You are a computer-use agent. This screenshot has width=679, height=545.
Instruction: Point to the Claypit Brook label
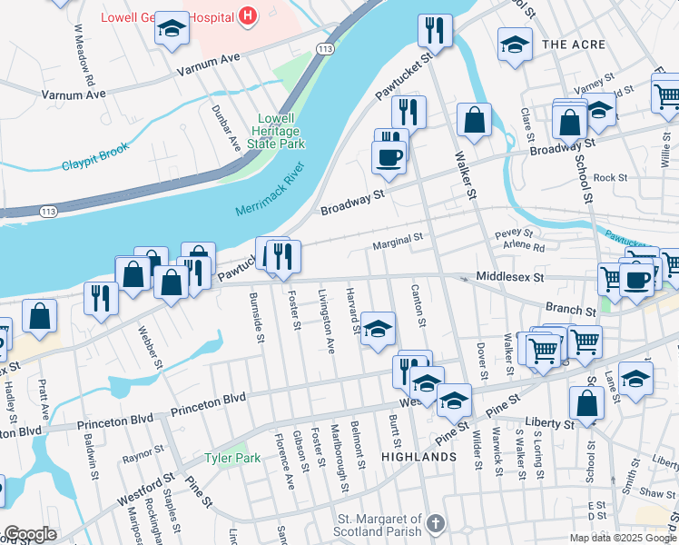[x=96, y=163]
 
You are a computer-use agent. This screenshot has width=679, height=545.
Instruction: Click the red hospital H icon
[x=247, y=15]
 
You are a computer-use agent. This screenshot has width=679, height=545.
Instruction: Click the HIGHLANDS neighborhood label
[x=418, y=457]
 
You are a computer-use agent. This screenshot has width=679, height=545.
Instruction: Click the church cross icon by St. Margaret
[x=436, y=523]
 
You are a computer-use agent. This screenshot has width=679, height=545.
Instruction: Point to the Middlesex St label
[x=509, y=276]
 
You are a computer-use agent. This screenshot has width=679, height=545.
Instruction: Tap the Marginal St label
[x=399, y=242]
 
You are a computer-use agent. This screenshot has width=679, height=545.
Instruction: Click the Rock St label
[x=610, y=178]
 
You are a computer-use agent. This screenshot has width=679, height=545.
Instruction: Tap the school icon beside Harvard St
[x=378, y=329]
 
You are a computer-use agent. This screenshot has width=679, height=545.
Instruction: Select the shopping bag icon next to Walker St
[x=474, y=120]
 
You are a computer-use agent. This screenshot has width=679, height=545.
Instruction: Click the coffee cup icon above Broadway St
[x=389, y=157]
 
